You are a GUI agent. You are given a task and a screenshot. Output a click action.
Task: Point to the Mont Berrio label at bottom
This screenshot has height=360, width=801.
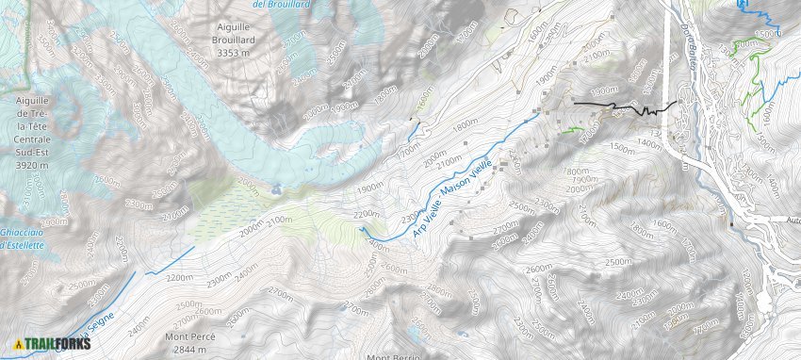pyautogui.click(x=393, y=356)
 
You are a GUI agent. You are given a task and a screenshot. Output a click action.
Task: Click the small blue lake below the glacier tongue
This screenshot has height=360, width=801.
pyautogui.click(x=274, y=189)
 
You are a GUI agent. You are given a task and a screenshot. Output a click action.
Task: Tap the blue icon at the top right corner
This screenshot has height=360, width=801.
pyautogui.click(x=742, y=5)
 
